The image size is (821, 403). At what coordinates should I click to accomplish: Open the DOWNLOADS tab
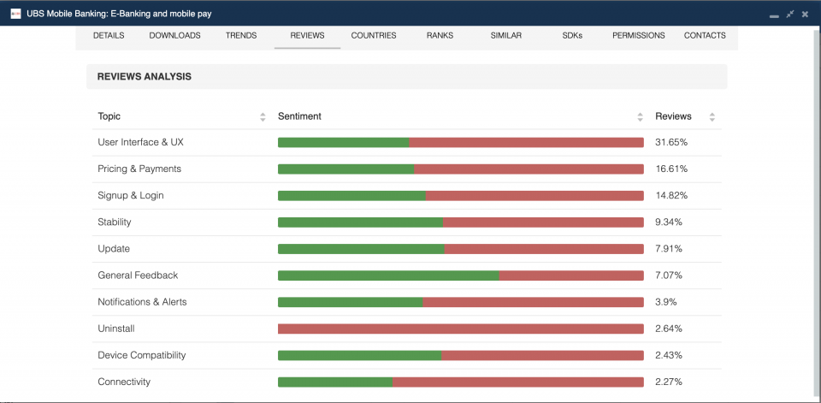(174, 36)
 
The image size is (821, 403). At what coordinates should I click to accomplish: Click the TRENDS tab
(240, 36)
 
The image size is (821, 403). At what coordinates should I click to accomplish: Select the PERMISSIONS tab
(638, 36)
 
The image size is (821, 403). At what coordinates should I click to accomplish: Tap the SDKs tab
(572, 36)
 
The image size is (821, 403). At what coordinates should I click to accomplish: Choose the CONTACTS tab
(705, 36)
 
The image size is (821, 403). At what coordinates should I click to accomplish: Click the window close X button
(805, 14)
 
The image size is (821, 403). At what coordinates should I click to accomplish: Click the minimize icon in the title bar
(774, 15)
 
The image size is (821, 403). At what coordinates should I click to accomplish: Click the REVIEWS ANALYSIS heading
(144, 77)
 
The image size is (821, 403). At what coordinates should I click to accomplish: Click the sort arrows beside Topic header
(263, 117)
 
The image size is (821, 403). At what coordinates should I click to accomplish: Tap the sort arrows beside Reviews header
(712, 117)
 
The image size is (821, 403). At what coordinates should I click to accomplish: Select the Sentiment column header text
(299, 116)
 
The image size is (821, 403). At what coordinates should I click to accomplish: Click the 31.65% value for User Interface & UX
(671, 142)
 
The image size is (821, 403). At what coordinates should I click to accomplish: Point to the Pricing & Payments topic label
(139, 169)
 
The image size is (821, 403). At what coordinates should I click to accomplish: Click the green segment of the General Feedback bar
(388, 276)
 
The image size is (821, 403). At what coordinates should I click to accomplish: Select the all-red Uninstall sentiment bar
(460, 329)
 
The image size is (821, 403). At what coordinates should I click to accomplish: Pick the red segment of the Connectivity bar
(517, 382)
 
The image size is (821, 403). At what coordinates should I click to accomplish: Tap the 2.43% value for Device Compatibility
(670, 355)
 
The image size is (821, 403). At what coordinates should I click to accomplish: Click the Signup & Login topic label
(131, 195)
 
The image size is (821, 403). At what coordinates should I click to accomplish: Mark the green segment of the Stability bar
(360, 222)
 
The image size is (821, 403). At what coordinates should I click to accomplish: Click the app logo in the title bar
(15, 14)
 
